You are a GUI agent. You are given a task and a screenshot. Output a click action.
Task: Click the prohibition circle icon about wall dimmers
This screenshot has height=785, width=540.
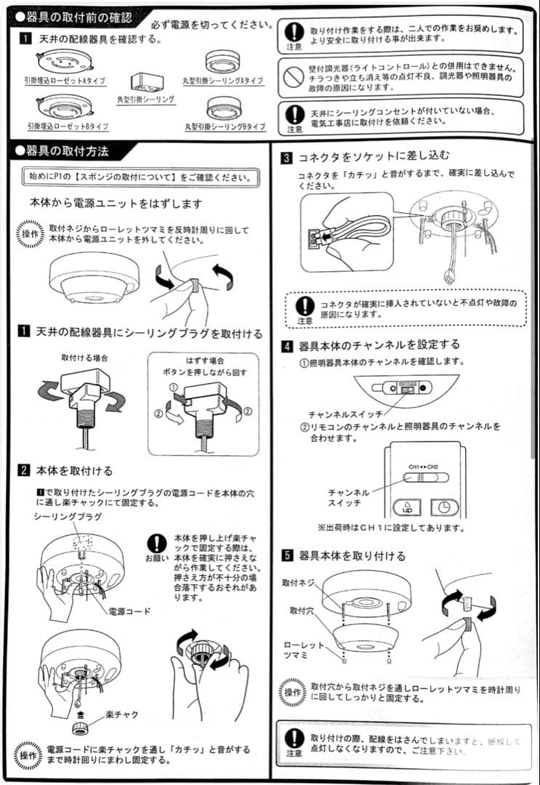(293, 76)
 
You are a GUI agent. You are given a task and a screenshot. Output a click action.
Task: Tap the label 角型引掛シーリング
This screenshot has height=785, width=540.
(145, 99)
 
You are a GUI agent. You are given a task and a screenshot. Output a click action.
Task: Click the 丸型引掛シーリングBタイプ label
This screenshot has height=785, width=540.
(225, 126)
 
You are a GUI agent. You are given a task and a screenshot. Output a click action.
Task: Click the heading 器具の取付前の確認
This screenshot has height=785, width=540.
(73, 15)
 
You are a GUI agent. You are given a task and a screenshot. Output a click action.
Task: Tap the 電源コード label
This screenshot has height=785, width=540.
(129, 611)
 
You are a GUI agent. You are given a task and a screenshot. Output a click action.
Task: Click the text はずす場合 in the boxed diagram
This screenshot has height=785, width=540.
(204, 361)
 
